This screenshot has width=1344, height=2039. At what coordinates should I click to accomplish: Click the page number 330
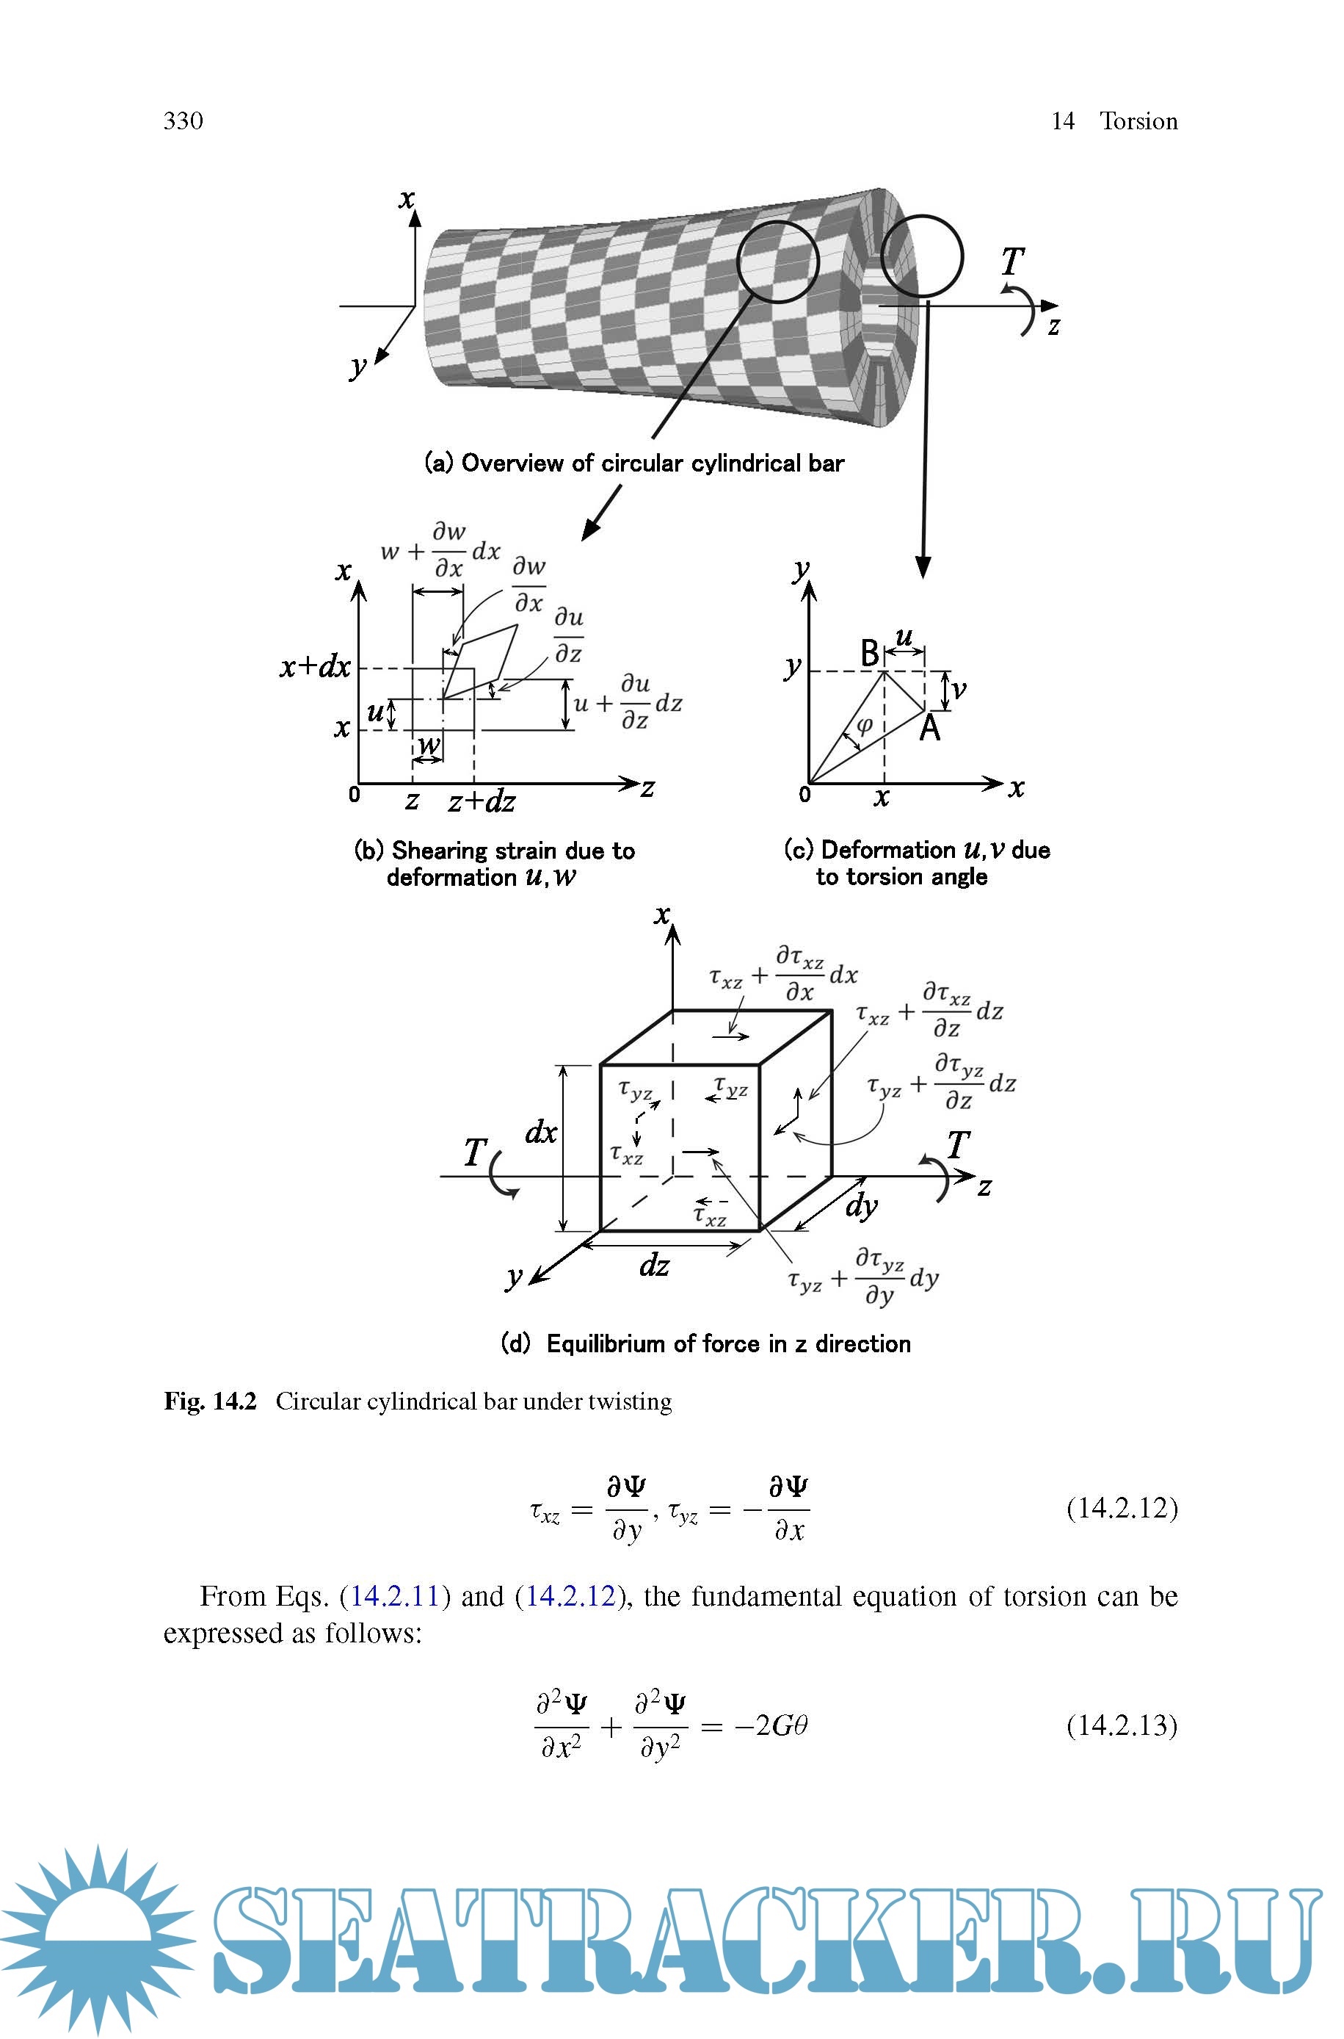coord(184,121)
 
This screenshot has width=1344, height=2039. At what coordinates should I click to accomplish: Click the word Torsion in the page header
coord(1138,121)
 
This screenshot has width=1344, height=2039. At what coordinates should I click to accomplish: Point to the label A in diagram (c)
coord(930,728)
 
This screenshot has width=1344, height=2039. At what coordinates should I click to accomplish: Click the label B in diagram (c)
coord(869,654)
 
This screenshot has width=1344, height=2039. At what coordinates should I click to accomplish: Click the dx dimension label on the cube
coord(541,1133)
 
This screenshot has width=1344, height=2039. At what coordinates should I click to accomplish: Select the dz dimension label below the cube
coord(654,1265)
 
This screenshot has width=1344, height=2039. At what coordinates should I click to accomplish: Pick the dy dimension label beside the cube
coord(862,1205)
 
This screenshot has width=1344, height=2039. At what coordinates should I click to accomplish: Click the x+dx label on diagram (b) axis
coord(315,666)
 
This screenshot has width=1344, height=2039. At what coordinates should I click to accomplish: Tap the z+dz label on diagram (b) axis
coord(482,801)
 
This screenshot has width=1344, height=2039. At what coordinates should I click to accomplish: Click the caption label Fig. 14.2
coord(210,1401)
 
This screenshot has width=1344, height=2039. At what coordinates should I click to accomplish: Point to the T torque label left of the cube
coord(475,1152)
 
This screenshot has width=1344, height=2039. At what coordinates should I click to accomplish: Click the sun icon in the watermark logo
coord(96,1937)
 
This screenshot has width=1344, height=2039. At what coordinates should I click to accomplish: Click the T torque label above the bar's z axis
coord(1012,261)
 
